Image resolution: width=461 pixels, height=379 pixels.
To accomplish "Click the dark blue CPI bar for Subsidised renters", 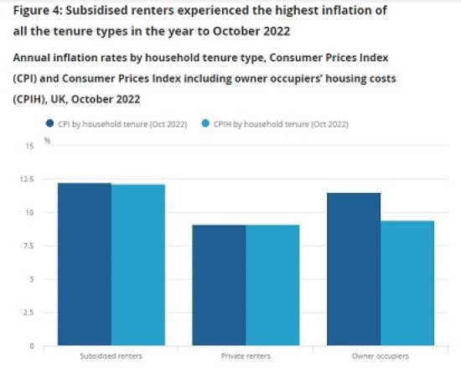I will [x=84, y=264].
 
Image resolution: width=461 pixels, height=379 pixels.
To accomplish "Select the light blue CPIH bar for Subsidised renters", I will [x=137, y=265].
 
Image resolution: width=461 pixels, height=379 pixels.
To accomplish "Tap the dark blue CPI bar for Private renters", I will [x=219, y=285].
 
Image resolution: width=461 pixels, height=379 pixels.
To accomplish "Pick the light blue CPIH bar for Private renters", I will [x=272, y=285].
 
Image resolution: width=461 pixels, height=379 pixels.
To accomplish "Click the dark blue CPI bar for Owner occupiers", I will [x=354, y=269].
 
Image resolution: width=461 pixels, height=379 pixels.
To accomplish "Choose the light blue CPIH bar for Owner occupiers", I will [x=407, y=283].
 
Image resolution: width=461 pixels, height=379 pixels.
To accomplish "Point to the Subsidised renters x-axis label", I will [x=111, y=356].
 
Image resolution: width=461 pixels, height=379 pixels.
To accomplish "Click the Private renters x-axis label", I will [x=246, y=356].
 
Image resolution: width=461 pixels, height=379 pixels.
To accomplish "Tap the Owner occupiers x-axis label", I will [x=381, y=356].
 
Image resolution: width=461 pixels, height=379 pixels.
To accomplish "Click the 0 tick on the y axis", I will [x=31, y=345].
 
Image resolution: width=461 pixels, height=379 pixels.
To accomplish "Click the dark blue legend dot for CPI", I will [x=49, y=124].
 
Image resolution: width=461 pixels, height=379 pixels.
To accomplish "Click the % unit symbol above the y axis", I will [x=47, y=140].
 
